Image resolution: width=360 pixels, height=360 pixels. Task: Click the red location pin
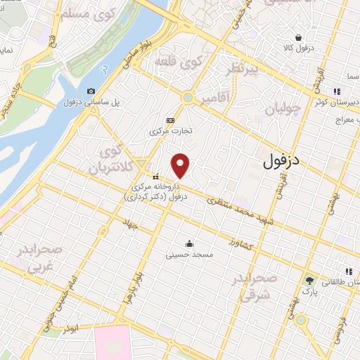coord(181,165)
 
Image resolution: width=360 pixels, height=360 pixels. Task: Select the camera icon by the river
coord(91,91)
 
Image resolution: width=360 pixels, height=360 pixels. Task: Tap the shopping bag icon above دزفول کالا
coord(299,37)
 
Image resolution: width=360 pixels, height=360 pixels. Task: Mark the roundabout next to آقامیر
coord(188,98)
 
